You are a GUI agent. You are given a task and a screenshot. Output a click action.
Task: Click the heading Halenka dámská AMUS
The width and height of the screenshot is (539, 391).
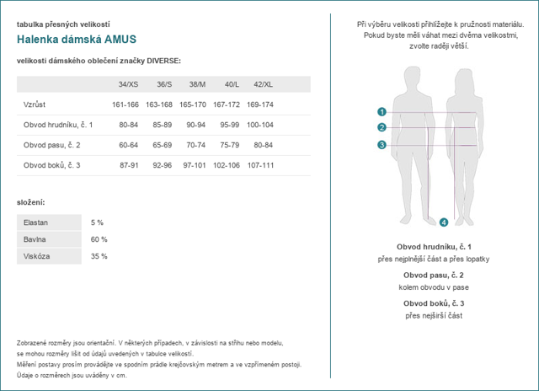point(77,40)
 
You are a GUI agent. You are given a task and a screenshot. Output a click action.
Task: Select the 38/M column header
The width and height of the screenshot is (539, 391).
point(197,84)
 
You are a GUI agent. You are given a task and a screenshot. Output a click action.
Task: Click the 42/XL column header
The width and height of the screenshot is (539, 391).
point(263,84)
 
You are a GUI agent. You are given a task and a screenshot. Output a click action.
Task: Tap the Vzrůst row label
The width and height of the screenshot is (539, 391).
point(35,104)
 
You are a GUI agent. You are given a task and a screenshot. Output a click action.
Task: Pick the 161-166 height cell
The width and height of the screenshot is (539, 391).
point(125,104)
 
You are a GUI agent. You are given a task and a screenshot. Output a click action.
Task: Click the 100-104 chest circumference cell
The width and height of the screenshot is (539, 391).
point(260,125)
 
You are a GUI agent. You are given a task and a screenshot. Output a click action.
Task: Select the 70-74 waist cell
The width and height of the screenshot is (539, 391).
point(196,145)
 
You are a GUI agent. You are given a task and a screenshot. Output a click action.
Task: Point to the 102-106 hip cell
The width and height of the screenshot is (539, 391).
point(227,165)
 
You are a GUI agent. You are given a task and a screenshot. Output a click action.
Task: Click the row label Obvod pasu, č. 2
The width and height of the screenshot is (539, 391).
point(52,145)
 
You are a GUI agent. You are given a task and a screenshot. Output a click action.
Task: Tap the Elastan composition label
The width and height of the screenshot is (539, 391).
point(35,222)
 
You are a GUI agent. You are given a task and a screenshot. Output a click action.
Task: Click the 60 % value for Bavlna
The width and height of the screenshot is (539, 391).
point(99,239)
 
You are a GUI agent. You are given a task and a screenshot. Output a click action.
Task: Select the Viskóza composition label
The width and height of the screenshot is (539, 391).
point(37,256)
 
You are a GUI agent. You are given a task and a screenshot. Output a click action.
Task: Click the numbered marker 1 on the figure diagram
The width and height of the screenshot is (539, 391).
point(382,112)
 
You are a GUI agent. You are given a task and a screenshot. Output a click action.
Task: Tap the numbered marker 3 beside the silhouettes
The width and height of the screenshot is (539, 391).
point(382,145)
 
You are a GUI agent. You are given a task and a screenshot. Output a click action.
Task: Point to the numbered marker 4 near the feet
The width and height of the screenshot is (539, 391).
point(444,222)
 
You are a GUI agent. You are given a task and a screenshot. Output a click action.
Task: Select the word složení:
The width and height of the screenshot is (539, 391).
point(31,202)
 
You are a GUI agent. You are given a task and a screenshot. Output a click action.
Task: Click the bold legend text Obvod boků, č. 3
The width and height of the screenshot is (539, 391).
point(434,303)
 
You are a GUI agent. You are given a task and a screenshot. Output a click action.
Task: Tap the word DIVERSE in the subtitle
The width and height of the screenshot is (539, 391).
point(164,61)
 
